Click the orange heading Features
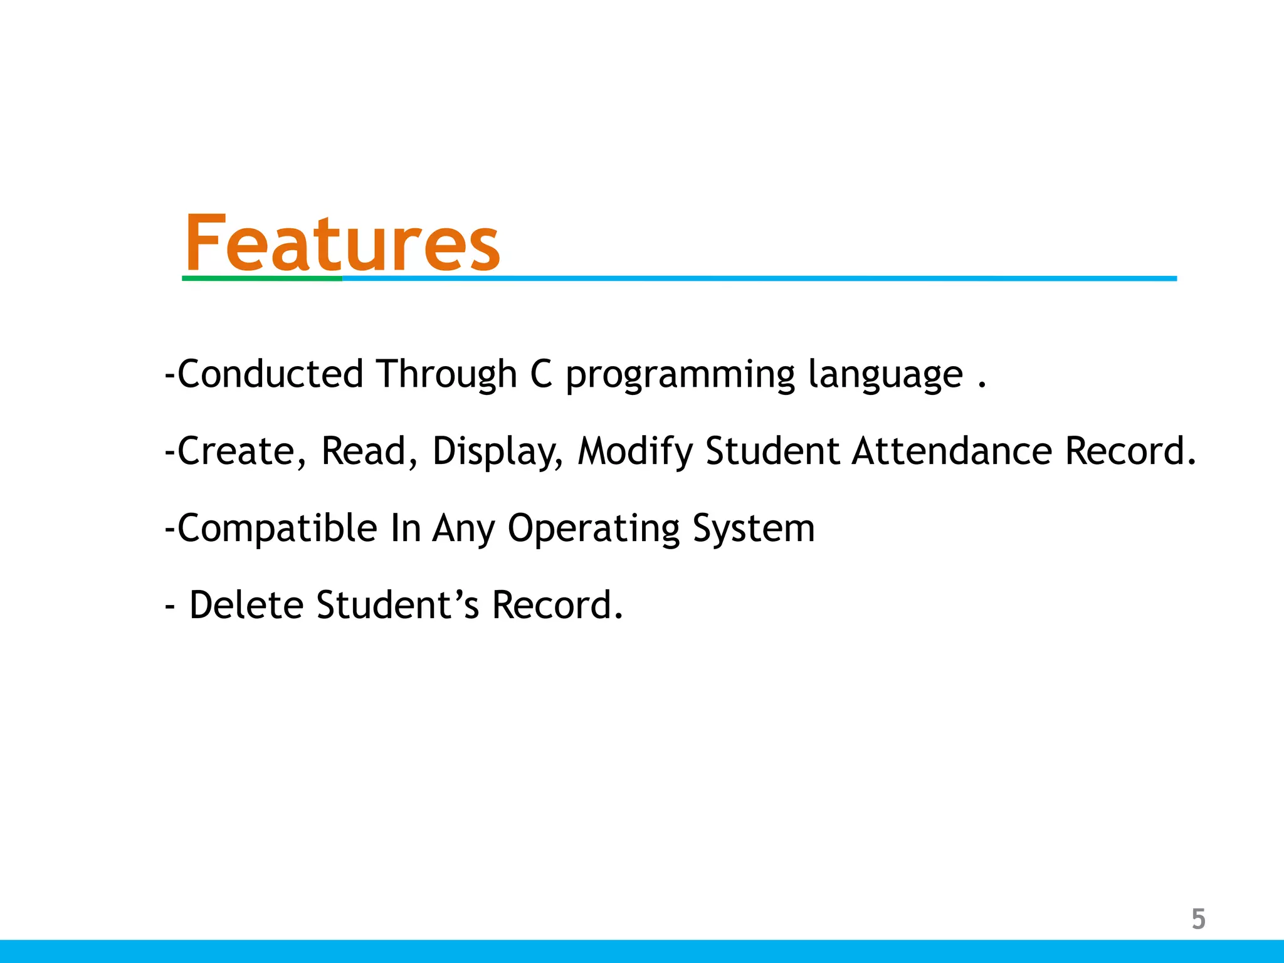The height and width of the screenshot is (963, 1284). (342, 243)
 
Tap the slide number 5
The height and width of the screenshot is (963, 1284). (1198, 919)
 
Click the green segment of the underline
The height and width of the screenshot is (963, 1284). (262, 278)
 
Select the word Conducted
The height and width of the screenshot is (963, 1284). (270, 374)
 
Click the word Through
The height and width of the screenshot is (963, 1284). (446, 374)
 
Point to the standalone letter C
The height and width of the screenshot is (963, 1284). (541, 374)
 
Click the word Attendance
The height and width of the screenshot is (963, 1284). (951, 451)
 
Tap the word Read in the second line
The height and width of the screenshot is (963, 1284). (363, 451)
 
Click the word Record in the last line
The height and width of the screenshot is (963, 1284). (557, 605)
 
